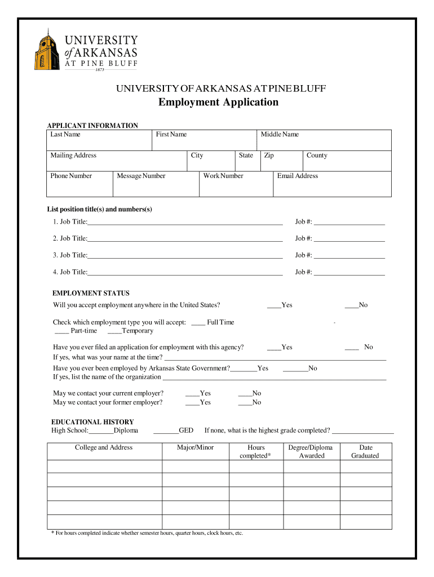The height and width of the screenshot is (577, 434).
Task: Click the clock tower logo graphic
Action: point(47,50)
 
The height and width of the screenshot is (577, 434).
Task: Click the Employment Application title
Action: point(218,102)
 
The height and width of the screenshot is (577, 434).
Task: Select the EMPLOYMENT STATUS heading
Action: point(91,294)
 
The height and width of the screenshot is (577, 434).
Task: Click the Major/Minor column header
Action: point(196,448)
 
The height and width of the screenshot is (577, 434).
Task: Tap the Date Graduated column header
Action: point(365,451)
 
